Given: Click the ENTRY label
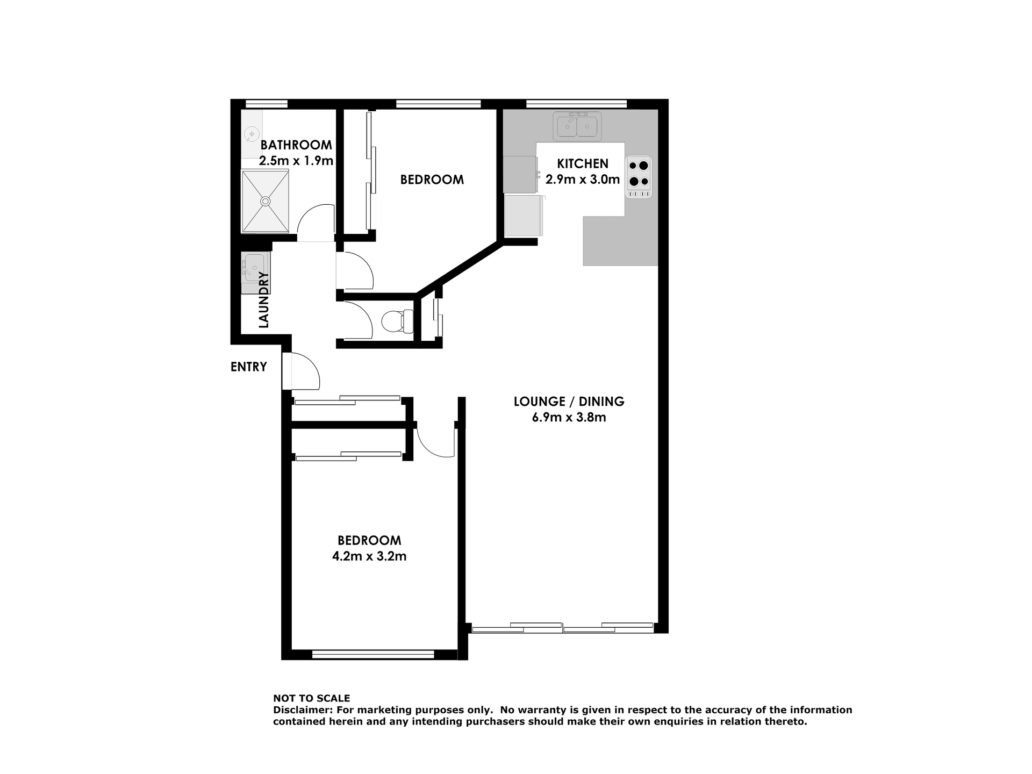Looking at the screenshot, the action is tap(248, 367).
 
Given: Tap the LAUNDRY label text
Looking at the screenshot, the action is tap(263, 300).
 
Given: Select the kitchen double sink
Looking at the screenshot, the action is tap(577, 126).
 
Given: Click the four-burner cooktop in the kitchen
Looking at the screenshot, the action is tap(639, 177).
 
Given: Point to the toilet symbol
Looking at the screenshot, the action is tap(397, 321).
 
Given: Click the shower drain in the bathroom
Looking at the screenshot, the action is tap(265, 201).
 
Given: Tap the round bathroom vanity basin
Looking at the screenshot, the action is tap(252, 134).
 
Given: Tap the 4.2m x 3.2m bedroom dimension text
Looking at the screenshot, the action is tap(369, 556).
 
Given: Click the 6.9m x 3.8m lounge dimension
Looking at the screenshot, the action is tap(569, 417).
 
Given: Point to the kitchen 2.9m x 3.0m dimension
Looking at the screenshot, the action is tap(583, 180).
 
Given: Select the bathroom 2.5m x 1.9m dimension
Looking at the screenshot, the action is tap(296, 161).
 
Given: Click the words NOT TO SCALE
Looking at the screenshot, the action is tap(312, 698).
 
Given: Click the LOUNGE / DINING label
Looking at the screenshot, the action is tap(569, 402).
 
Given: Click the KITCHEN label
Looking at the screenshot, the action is tap(583, 163).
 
